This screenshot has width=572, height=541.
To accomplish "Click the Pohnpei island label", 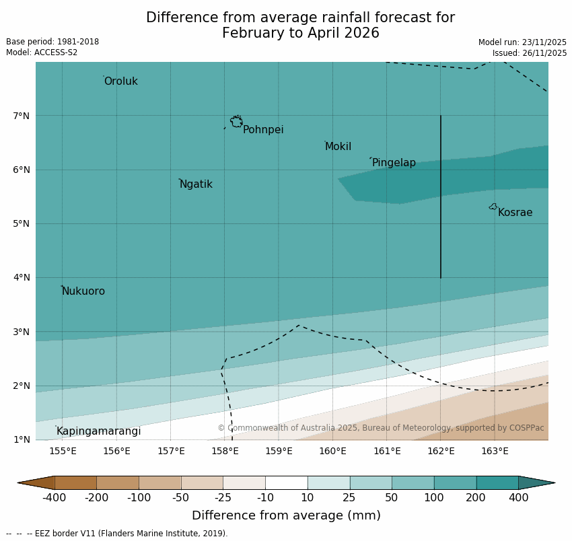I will point(263,130).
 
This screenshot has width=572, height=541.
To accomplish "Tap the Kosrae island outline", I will point(493,207).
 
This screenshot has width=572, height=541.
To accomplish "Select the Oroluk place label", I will point(121,81).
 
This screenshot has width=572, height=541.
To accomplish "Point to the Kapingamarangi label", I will point(99,431).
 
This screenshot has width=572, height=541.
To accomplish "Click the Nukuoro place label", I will point(83,291).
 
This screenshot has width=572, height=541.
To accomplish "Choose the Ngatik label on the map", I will point(196,184).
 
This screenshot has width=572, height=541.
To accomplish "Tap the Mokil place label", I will point(338,147).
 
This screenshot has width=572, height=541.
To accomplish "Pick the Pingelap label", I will point(394,163).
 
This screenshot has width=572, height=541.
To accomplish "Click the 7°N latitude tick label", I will point(21,116).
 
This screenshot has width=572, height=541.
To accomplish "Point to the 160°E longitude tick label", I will point(332,451).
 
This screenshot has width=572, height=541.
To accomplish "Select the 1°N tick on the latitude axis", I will point(21,439).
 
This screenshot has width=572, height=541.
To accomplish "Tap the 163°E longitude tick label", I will point(495,451).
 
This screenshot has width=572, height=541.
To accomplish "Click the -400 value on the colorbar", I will point(55,498).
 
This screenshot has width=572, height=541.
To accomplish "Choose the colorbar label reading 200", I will point(476,498).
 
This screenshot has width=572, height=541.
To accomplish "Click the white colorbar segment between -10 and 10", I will point(286,482).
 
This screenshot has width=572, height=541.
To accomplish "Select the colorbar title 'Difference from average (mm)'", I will point(286,516).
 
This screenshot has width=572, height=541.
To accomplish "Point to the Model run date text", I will point(522,42).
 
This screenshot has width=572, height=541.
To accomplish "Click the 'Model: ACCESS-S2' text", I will point(42,52).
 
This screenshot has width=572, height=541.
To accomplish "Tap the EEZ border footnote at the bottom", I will point(117,534).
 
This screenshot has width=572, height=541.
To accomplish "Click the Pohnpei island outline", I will point(236,122).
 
